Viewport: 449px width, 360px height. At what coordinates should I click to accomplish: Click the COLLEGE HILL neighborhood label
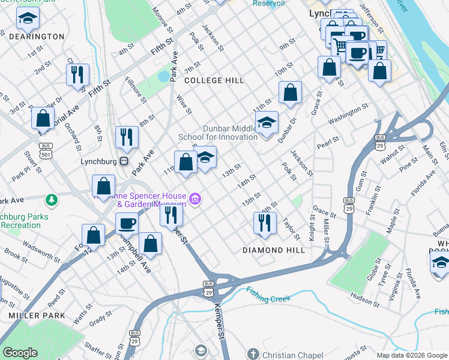point(214,80)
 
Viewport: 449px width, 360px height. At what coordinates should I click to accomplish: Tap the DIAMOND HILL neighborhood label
point(274,250)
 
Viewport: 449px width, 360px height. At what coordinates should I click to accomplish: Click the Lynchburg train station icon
point(124,161)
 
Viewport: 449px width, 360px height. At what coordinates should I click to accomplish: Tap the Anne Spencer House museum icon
point(194,199)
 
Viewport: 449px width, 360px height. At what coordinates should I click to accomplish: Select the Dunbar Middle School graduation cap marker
point(267,123)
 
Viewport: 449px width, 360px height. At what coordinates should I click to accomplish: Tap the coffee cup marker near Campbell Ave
point(127,223)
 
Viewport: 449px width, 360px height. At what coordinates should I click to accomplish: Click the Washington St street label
point(348,113)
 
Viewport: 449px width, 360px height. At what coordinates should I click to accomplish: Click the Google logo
point(20,353)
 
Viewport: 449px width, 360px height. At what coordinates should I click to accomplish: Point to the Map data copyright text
point(411,355)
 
